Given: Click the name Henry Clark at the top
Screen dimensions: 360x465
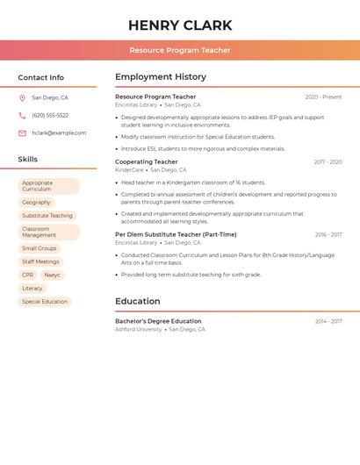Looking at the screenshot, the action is point(180,25).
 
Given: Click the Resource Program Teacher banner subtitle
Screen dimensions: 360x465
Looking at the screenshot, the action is point(180,50).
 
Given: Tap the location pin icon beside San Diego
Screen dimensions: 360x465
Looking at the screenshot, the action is point(22,98).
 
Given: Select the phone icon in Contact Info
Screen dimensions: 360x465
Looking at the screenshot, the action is point(22,116).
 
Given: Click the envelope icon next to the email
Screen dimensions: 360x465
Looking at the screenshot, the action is point(22,133).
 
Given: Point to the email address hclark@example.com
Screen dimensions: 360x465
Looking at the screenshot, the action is point(59,133).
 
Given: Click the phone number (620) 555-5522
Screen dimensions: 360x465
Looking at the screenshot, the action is point(50,116).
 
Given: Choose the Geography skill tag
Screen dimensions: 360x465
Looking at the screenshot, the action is point(36,203).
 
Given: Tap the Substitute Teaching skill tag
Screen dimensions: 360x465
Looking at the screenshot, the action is point(47,216).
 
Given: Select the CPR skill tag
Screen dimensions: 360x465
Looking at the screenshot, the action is point(28,275).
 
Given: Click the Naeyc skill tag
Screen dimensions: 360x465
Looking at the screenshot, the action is point(53,275).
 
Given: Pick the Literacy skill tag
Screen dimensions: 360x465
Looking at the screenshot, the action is point(32,289).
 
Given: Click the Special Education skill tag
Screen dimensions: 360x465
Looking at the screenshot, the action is point(45,302).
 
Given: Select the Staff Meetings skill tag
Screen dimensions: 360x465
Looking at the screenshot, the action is point(40,261).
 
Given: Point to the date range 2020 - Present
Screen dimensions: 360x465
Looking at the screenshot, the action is point(323,97).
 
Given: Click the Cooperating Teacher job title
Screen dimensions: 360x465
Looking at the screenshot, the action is point(146,162).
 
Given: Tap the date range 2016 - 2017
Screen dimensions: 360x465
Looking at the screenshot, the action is point(328,235).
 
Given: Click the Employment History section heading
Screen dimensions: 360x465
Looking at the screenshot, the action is point(161,77).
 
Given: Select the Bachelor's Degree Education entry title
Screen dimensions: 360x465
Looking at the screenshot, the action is point(158,321).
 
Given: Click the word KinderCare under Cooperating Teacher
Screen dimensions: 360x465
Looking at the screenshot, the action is point(129,170).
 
